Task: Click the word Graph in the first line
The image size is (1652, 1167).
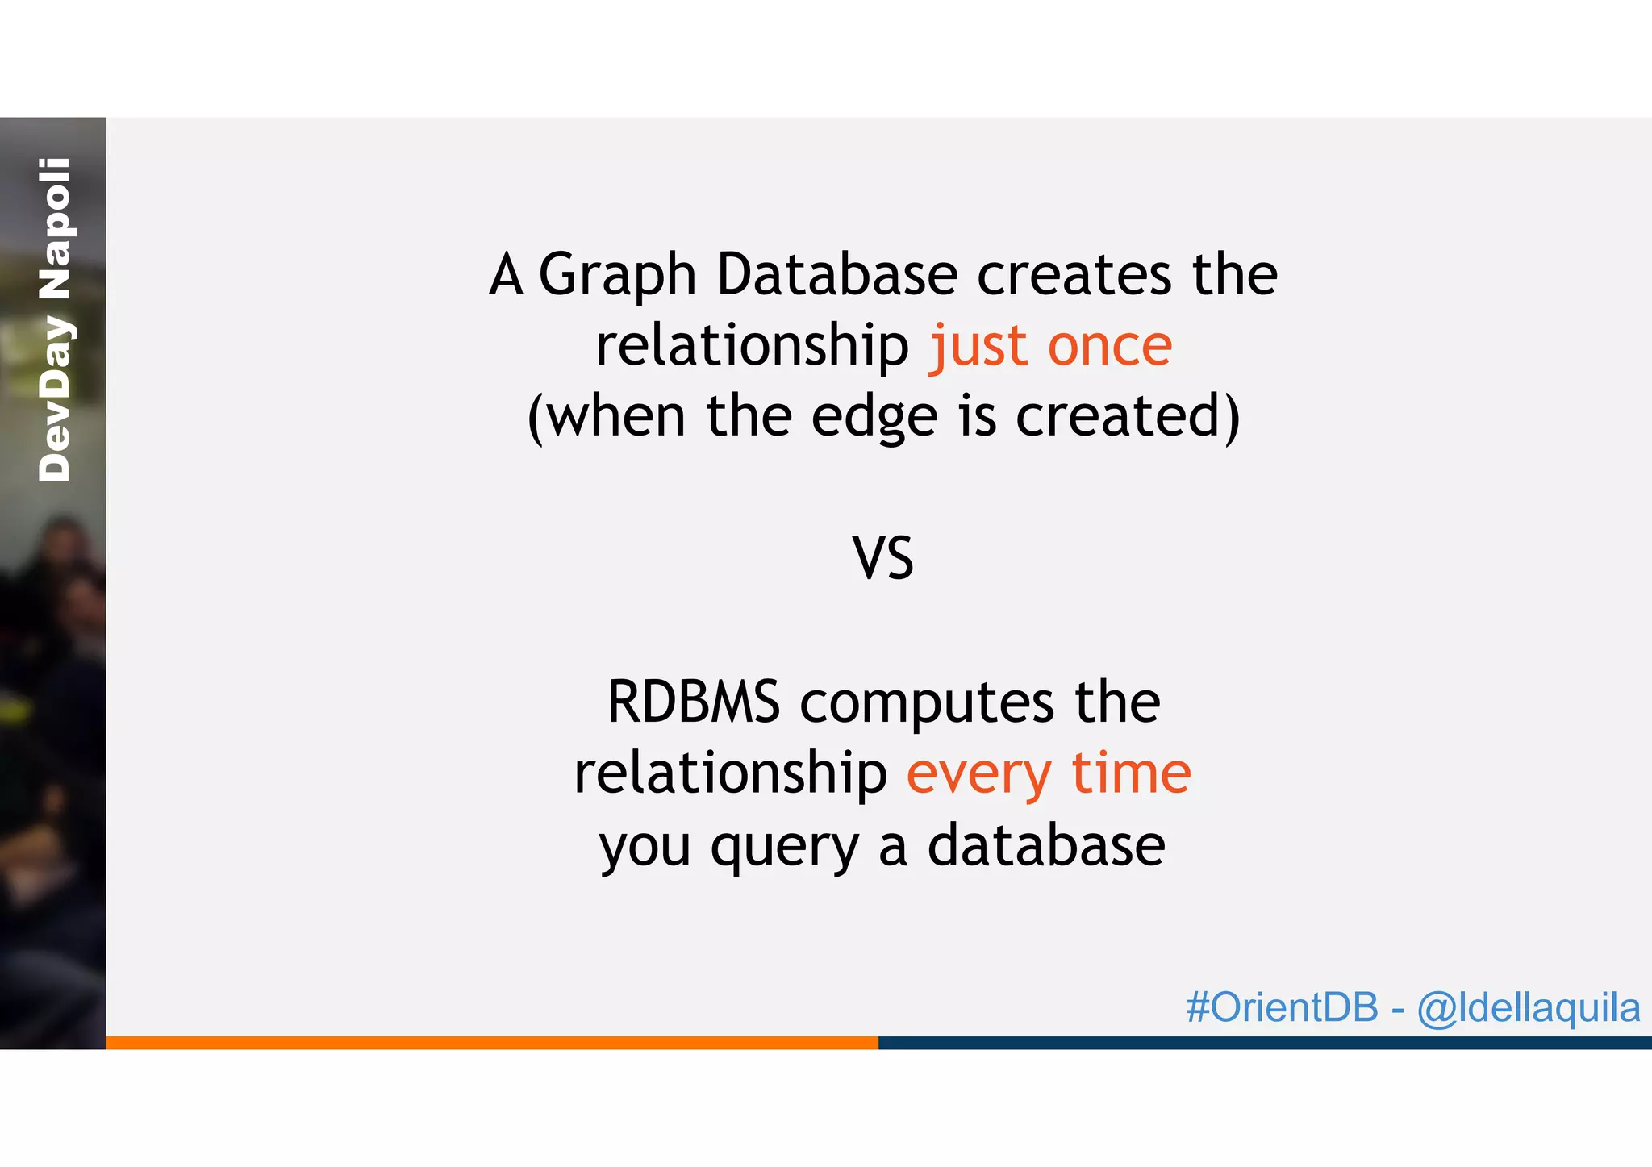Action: [617, 277]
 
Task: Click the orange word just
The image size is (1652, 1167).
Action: [978, 346]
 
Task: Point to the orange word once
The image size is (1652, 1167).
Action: [1109, 346]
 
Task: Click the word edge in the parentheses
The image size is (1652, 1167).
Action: [874, 417]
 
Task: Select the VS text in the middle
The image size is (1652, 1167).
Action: [882, 558]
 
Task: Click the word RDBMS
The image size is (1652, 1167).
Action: [693, 702]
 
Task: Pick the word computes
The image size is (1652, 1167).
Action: [926, 703]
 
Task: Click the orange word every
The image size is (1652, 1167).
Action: [978, 775]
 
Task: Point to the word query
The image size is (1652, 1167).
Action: [784, 847]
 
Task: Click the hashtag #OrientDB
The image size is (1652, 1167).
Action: [1282, 1007]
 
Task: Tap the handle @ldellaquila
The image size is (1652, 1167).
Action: [1528, 1008]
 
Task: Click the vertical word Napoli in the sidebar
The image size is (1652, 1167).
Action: [55, 228]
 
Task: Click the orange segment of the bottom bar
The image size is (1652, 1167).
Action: [492, 1042]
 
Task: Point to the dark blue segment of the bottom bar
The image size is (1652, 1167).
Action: [1264, 1042]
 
